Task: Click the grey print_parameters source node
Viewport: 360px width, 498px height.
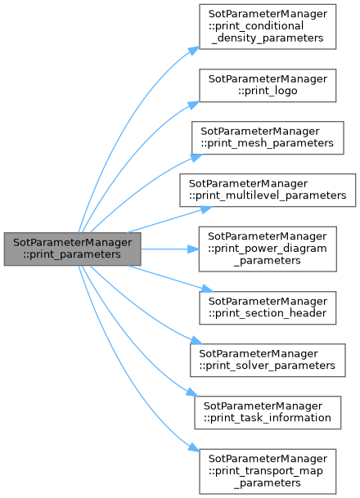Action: point(73,249)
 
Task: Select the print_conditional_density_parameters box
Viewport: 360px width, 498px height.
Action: point(268,27)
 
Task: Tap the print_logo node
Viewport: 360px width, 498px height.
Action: point(268,85)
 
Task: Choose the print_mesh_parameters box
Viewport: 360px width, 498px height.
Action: point(268,138)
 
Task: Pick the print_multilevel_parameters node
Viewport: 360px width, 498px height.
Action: point(268,191)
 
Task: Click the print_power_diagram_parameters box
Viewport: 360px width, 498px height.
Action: point(268,249)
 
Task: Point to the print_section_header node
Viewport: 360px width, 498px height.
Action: point(268,307)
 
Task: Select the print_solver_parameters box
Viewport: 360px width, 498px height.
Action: point(268,360)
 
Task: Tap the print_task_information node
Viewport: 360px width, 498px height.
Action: point(268,413)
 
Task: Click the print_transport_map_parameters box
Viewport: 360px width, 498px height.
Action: point(268,471)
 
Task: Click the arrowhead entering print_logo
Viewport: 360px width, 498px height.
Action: point(194,105)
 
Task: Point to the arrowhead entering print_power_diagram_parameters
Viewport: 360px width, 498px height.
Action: point(193,249)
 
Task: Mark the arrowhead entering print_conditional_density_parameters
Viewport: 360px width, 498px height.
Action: point(194,51)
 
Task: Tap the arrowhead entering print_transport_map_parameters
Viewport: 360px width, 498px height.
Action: point(194,447)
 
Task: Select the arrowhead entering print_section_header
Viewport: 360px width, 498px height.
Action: point(207,289)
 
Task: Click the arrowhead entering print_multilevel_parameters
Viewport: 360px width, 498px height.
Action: point(206,209)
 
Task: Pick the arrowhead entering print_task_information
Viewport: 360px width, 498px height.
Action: point(192,393)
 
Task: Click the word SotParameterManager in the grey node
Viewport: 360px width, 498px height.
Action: point(73,243)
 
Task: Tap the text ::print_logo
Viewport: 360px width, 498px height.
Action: point(268,91)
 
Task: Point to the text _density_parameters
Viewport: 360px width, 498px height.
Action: point(268,38)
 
